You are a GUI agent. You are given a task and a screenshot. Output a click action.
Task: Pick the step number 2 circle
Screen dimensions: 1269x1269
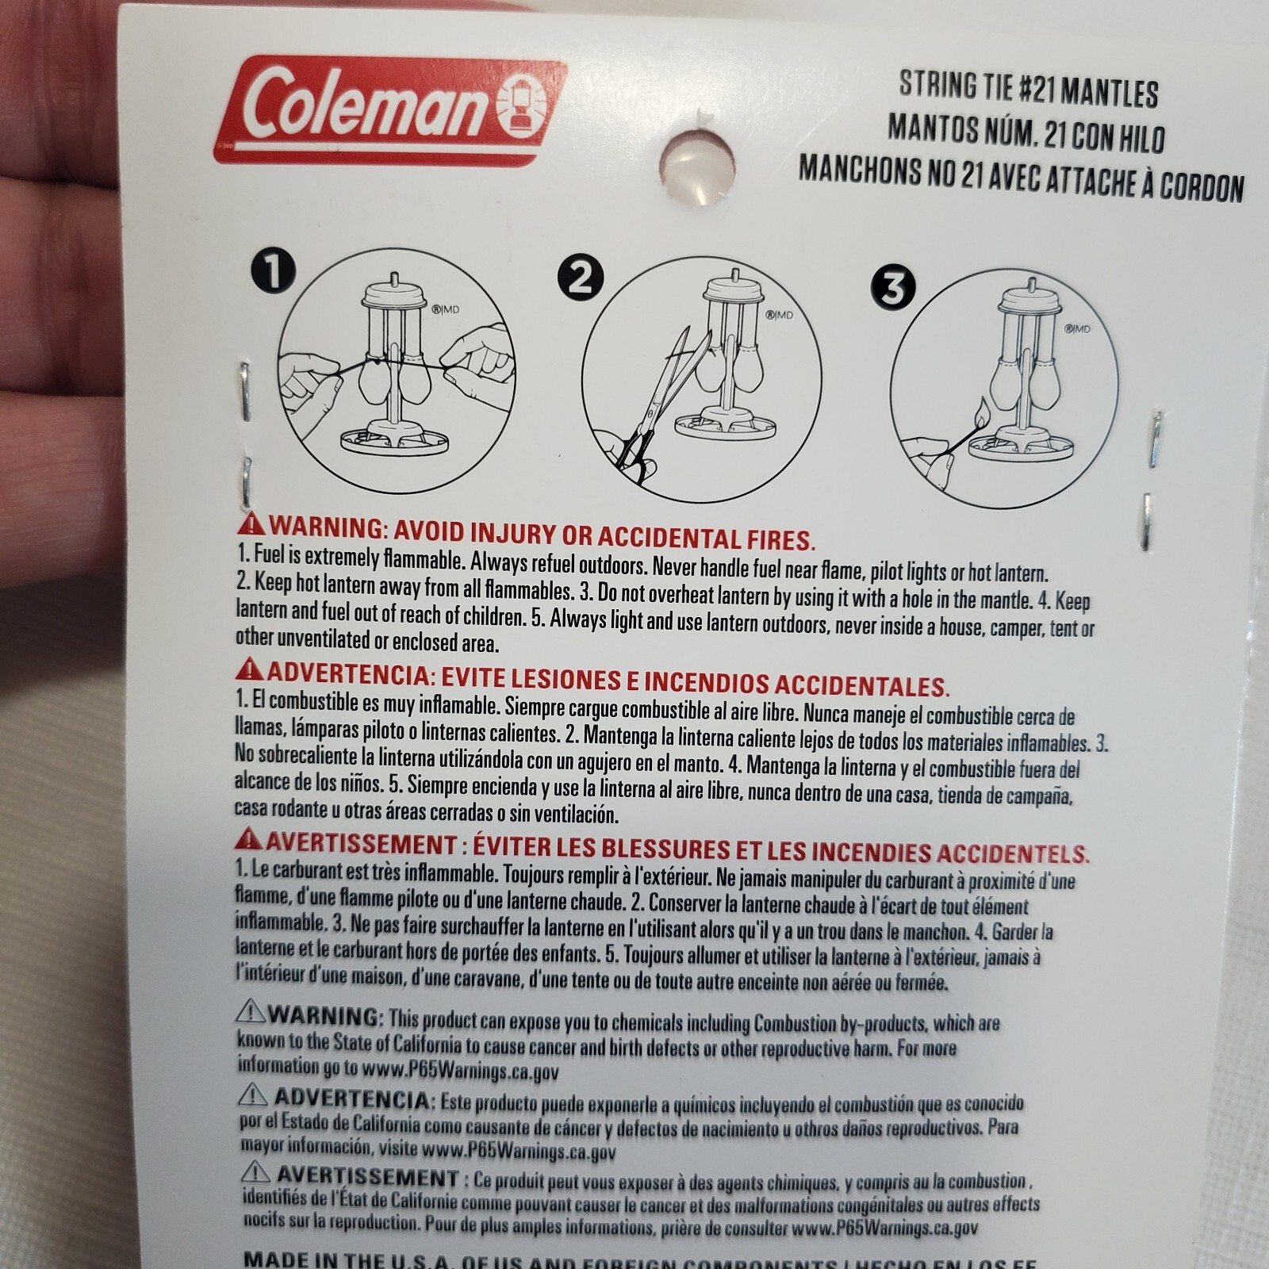coord(580,278)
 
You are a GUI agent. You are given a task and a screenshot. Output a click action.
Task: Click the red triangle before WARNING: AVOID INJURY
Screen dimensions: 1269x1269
coord(252,525)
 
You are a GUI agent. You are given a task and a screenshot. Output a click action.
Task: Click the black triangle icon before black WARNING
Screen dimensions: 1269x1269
coord(251,1013)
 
